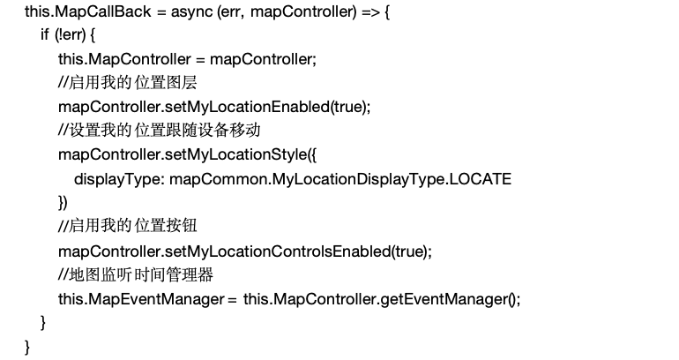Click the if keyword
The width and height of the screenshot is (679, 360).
[44, 36]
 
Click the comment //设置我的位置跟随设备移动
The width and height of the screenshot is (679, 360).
[160, 130]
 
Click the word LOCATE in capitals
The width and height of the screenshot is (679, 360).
[480, 178]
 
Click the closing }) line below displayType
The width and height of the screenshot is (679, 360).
[63, 202]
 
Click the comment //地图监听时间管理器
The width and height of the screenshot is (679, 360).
[136, 274]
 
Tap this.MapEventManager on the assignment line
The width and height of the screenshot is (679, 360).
[141, 298]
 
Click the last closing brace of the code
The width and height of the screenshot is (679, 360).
[27, 346]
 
